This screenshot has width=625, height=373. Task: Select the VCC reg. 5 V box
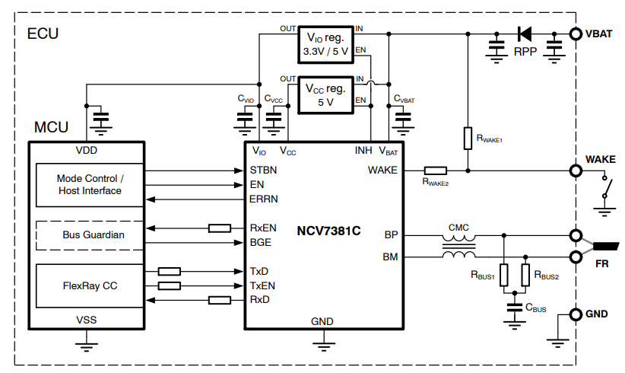pos(325,94)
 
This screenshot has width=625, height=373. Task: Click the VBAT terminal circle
pos(576,34)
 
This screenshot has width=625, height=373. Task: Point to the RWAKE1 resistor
pos(468,139)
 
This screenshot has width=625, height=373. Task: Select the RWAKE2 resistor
pos(435,171)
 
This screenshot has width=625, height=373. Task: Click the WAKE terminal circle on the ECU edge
pos(576,171)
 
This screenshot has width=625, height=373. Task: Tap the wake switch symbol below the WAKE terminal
pos(606,186)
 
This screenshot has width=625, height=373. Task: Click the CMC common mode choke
pos(459,245)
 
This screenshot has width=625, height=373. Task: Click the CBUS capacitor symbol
pos(515,309)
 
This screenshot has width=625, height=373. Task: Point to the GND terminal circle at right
pos(576,314)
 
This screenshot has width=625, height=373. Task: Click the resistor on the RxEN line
pos(220,228)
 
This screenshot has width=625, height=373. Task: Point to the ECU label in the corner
pos(43,34)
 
